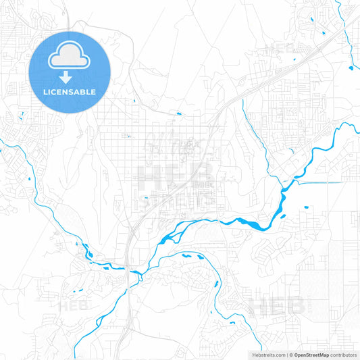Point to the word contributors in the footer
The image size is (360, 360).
pos(344,354)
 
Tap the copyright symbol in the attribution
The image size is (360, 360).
pos(290,354)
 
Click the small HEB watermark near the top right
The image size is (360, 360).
pos(280,49)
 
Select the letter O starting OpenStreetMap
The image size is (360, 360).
pos(296,354)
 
